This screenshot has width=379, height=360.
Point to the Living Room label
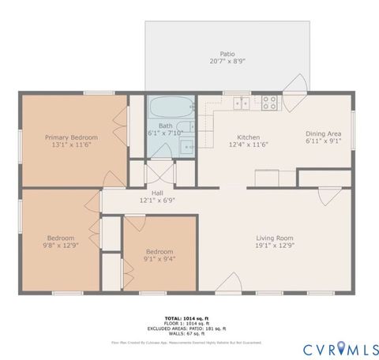(x=274, y=238)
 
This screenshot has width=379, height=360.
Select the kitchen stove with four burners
(x=268, y=102)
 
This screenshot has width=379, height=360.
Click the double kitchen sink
(x=242, y=103)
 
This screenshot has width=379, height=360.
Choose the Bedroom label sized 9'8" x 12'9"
(x=60, y=238)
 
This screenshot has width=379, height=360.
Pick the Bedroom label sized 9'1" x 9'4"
(x=159, y=252)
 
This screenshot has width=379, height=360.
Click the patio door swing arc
(x=297, y=84)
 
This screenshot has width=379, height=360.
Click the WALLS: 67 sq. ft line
(x=189, y=333)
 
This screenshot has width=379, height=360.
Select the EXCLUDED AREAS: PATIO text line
(x=189, y=328)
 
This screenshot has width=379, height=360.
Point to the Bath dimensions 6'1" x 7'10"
(x=165, y=133)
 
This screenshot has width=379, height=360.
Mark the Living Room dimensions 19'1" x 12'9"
(x=274, y=246)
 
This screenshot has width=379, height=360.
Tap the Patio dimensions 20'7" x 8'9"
(x=227, y=61)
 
